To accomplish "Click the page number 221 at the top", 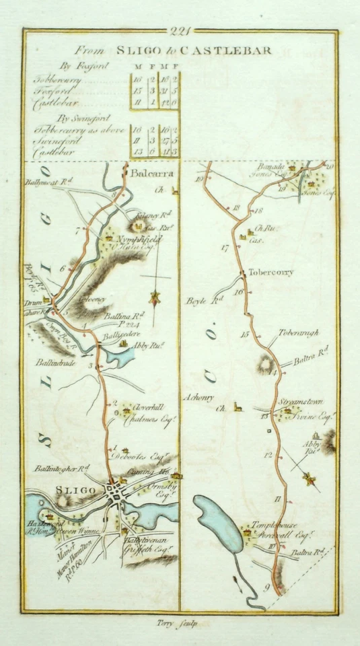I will point(181,30).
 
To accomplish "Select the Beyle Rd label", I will point(203,301).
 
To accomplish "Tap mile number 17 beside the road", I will point(225,248).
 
